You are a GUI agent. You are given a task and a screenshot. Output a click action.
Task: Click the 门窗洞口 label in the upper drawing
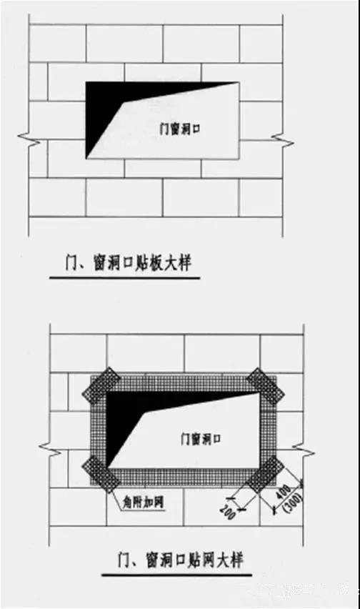tap(180, 129)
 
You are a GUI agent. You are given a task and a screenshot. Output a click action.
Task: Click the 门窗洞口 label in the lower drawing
tap(201, 439)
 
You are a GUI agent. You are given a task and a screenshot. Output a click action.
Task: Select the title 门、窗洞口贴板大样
tap(128, 263)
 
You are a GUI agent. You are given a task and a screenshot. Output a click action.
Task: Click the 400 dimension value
tap(286, 492)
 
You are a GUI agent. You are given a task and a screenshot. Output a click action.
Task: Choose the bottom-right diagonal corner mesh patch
tap(265, 474)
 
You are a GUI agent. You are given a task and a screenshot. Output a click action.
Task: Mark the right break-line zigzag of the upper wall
tap(282, 140)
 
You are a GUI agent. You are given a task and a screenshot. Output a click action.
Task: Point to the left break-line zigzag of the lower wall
tap(50, 450)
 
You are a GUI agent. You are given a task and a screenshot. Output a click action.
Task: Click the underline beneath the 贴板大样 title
tap(125, 278)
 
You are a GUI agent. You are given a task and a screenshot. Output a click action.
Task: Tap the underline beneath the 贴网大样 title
tap(177, 575)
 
